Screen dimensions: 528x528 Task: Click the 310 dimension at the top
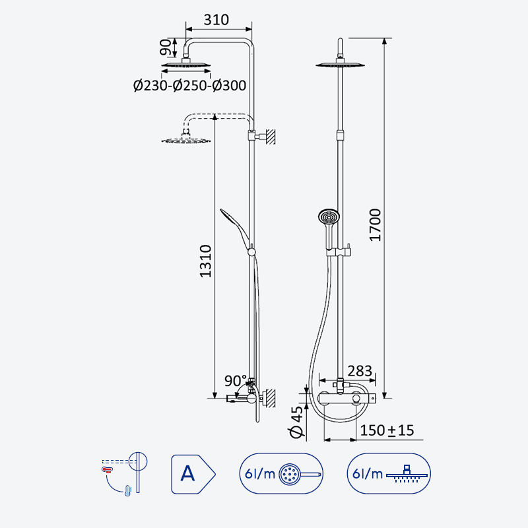[216, 20]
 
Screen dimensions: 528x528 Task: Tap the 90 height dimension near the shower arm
[166, 47]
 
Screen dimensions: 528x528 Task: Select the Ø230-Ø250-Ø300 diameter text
[189, 86]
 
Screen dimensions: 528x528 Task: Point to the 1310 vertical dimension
[205, 261]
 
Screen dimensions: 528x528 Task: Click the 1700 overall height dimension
[375, 225]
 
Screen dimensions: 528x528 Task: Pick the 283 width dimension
[360, 371]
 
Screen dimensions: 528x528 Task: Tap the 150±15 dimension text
[387, 430]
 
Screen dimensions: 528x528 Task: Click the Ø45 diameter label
[296, 422]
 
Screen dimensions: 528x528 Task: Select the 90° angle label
[236, 381]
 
